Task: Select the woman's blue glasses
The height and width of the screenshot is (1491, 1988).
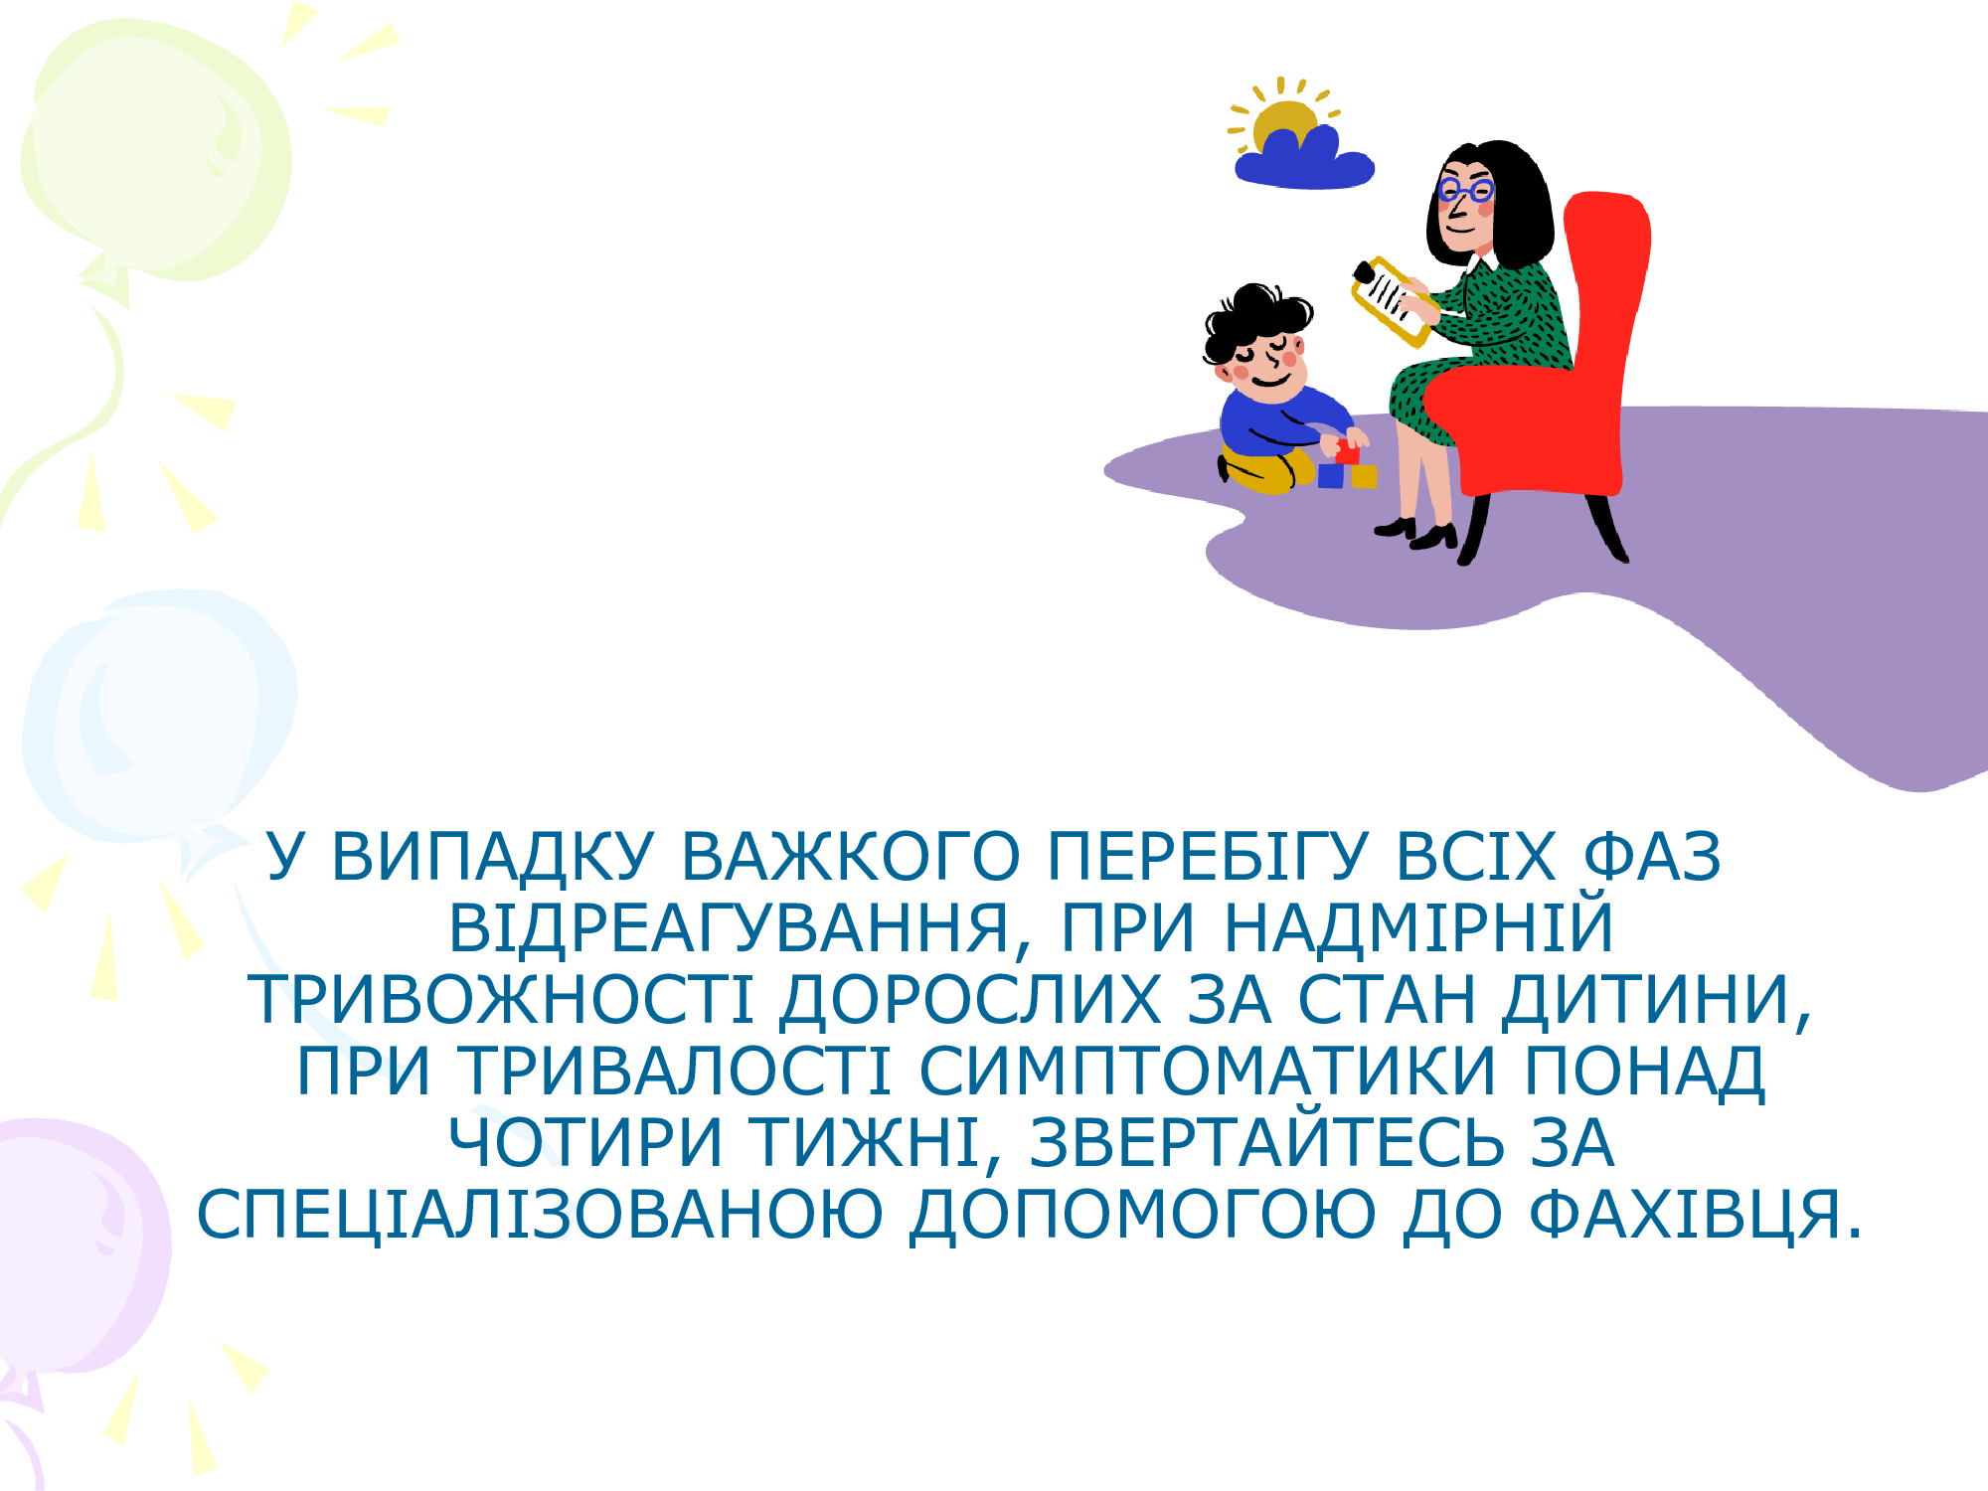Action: point(1465,189)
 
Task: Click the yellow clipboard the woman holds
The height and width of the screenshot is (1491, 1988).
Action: point(1392,301)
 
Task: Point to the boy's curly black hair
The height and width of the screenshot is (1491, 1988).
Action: point(1254,316)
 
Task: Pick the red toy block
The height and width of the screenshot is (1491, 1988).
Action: point(1347,452)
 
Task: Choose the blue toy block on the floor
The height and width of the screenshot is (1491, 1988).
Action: point(1331,475)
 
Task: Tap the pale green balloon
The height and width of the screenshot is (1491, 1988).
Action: point(156,149)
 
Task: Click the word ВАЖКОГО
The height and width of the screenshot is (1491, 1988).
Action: point(850,857)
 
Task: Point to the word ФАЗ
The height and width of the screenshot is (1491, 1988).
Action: point(1651,857)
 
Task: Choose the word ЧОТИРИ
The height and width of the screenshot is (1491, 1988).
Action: point(585,1143)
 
